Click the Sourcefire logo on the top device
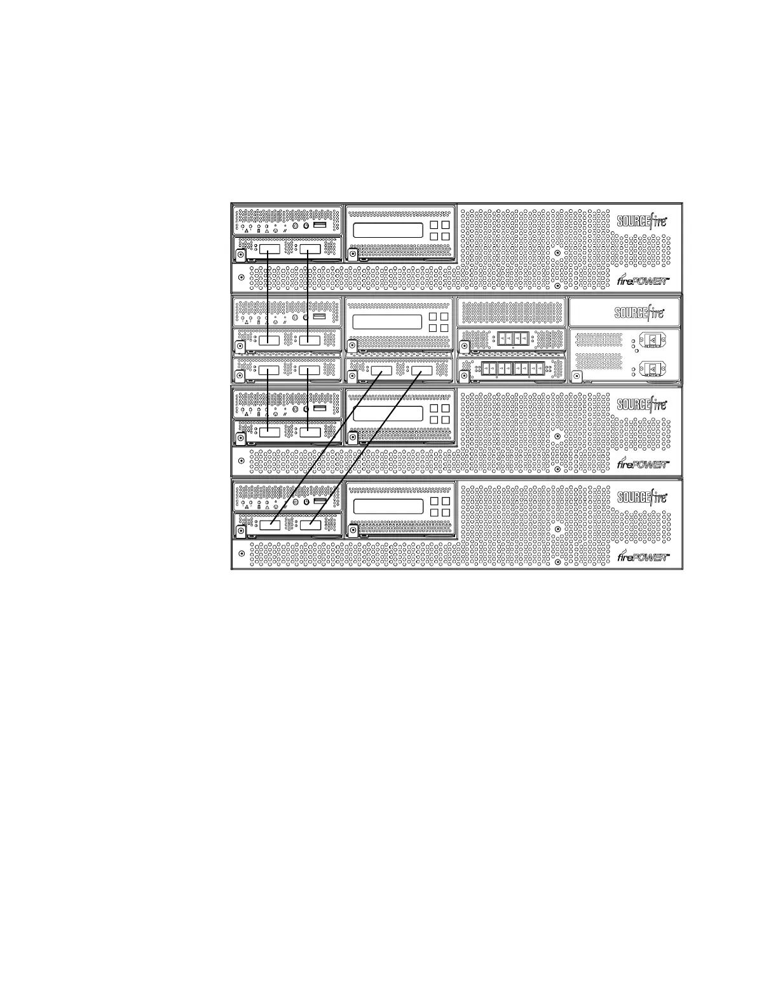[x=642, y=221]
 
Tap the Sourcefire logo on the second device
[x=639, y=313]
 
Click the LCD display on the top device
[x=388, y=230]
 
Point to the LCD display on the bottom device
[x=388, y=507]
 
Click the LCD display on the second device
[x=388, y=322]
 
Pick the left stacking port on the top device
[x=269, y=249]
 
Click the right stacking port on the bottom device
[x=310, y=525]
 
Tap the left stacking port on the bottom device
[x=269, y=525]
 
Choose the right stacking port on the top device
[x=310, y=249]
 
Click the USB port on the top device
[x=320, y=226]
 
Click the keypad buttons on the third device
[x=439, y=414]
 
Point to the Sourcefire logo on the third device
[x=642, y=405]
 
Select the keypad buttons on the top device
[x=439, y=230]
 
